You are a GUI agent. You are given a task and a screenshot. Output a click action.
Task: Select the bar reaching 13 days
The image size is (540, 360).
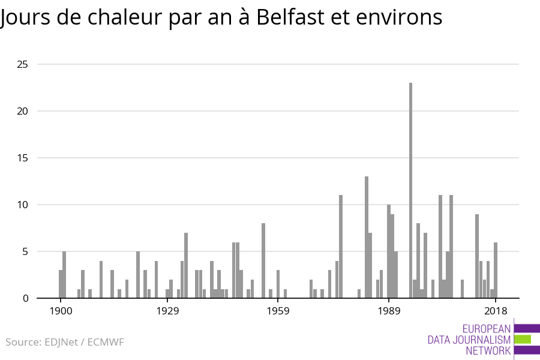pos(367,237)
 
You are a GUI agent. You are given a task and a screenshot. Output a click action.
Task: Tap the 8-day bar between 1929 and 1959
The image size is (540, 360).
pos(263,260)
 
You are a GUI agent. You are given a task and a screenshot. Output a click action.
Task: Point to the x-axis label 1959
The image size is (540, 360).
pos(278,311)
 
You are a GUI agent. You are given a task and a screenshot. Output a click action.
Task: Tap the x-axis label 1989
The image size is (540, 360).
pos(389,311)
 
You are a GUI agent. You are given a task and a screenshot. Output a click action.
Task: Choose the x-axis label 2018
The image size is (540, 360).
pos(496,311)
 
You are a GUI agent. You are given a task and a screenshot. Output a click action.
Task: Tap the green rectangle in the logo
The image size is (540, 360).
pos(523,339)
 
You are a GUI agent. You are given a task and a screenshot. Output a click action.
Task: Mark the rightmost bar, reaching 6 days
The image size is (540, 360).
pos(496,270)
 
